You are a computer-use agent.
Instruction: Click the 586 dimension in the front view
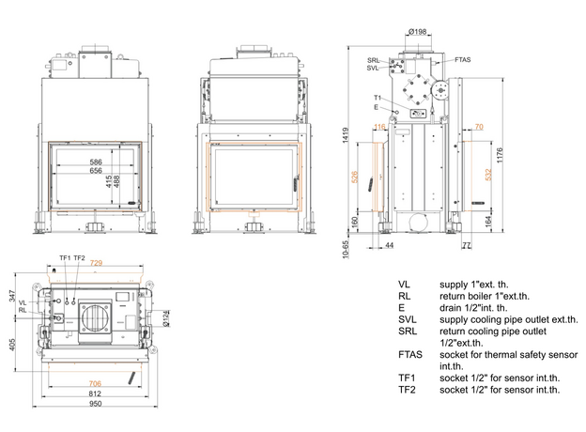95,162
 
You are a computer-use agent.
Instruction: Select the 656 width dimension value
95,171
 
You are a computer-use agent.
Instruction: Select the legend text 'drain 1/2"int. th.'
473,307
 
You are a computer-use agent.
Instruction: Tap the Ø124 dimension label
165,320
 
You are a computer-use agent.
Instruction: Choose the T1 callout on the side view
377,98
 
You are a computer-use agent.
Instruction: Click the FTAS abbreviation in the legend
409,355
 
